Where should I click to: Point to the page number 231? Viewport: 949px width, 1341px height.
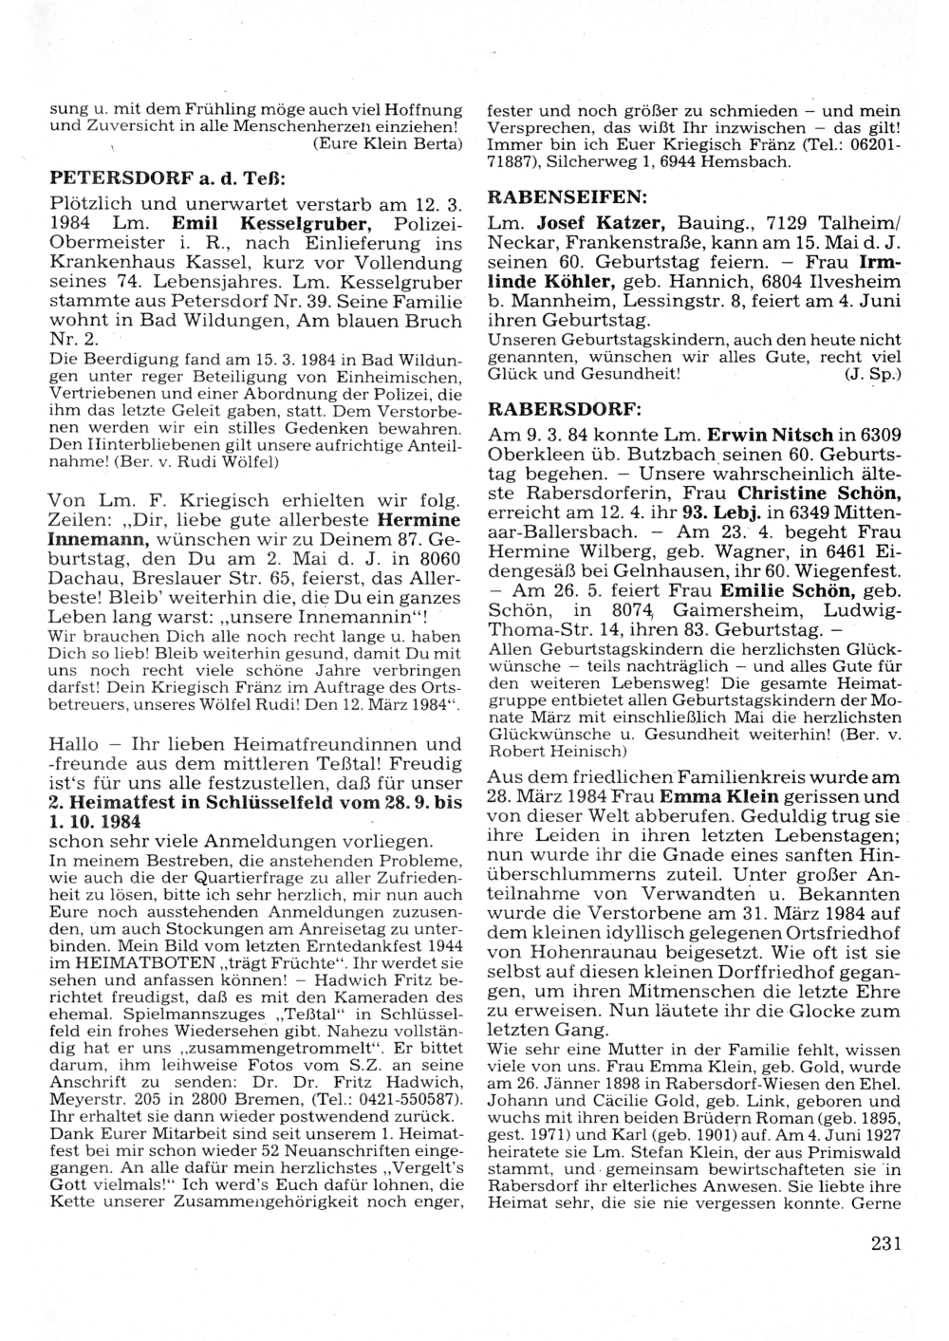pos(884,1244)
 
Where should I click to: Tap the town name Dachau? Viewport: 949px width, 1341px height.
pos(85,579)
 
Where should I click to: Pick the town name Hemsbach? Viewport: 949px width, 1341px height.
pos(749,162)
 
